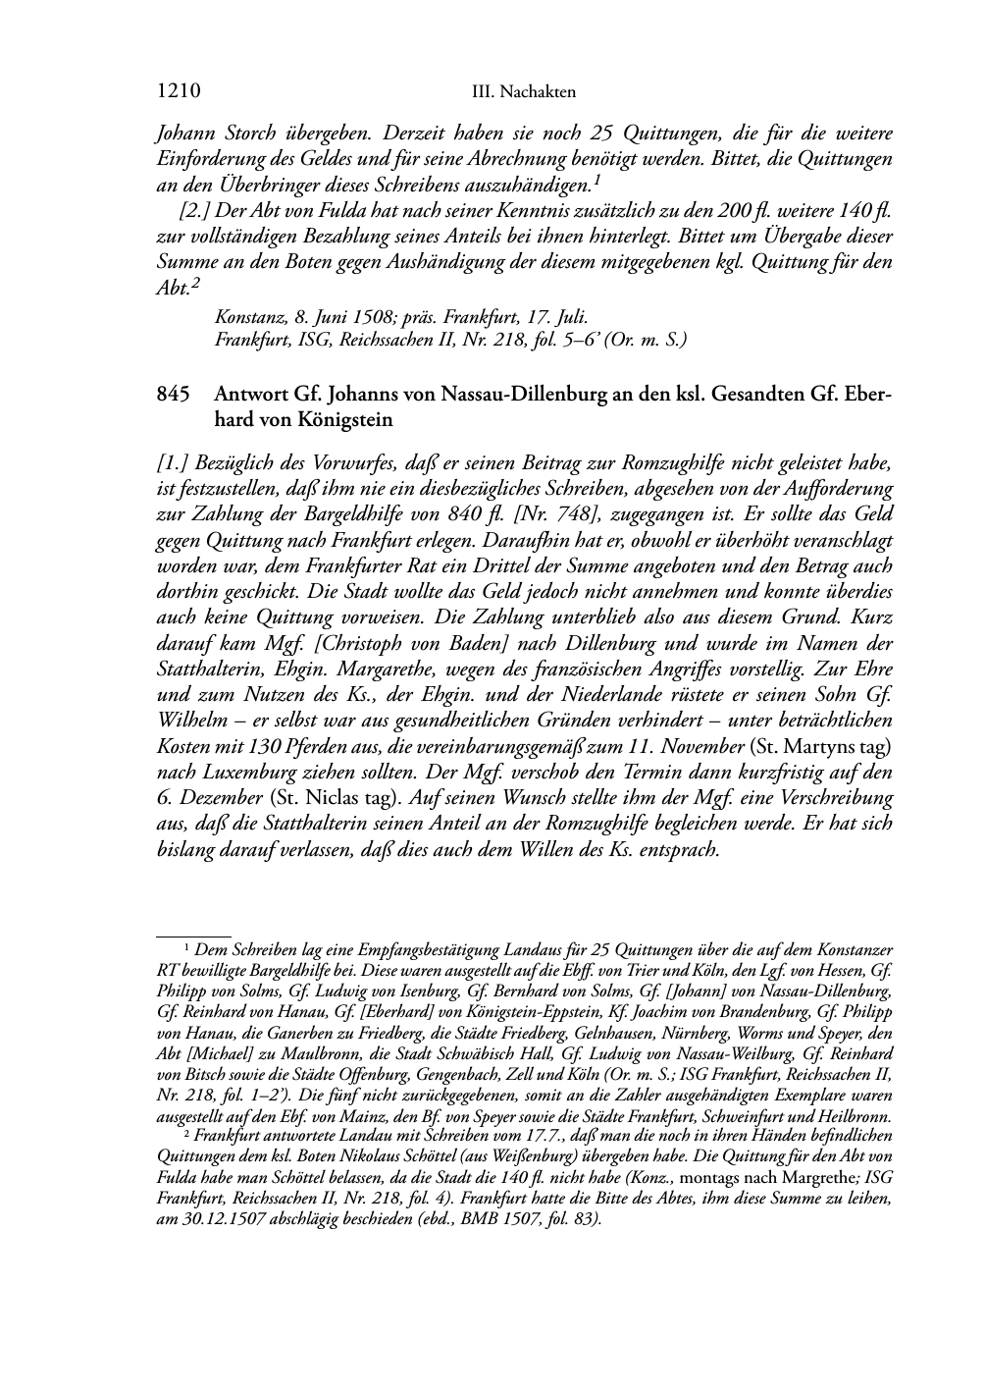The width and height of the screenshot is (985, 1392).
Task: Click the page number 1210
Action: click(x=179, y=92)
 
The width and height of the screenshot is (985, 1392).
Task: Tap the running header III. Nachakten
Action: click(x=523, y=93)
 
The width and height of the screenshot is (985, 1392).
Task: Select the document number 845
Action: click(x=172, y=395)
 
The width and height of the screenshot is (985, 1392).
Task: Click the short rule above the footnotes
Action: click(x=193, y=937)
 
